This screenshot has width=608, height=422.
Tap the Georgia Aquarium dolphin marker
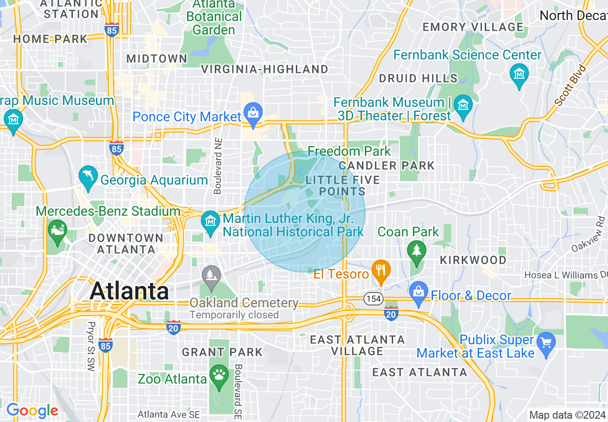click(88, 176)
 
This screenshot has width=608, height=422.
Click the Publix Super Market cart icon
click(546, 342)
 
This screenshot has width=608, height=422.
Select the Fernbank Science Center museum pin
click(519, 74)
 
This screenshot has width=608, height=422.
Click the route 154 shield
click(372, 298)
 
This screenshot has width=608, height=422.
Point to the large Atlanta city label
click(129, 291)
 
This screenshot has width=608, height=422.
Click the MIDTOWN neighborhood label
click(157, 59)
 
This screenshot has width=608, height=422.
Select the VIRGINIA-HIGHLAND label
click(265, 69)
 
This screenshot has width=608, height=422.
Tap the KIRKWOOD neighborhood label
click(473, 260)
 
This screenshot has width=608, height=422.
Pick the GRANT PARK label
click(222, 352)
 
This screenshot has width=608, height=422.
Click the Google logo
click(32, 411)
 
